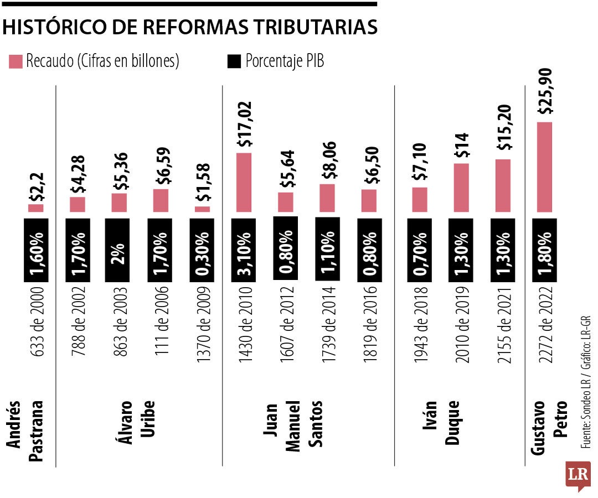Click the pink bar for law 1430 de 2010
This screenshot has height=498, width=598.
pos(244,182)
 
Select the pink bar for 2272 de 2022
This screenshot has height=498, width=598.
pos(544,167)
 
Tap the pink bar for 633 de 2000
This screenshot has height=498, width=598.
pos(36,208)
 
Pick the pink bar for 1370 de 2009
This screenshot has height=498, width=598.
pos(202,209)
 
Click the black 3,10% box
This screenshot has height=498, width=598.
pos(244,248)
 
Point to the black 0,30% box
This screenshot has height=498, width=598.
pos(202,248)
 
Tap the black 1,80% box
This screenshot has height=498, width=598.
pos(544,248)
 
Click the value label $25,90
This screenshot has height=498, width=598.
pos(545,89)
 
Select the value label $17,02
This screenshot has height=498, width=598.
pos(244,124)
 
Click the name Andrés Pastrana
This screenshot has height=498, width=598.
pos(25,424)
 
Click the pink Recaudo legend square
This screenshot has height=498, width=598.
pos(16,61)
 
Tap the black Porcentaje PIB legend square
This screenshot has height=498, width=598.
pos(234,61)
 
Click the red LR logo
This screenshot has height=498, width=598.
pos(578,475)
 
